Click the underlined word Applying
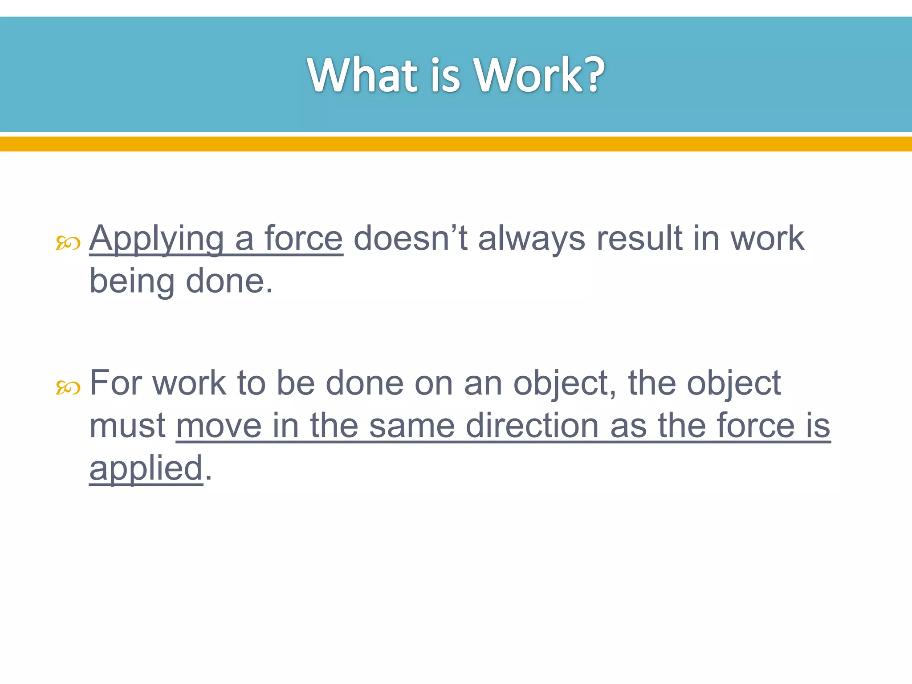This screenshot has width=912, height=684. [x=156, y=239]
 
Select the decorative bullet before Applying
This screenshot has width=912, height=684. [x=68, y=243]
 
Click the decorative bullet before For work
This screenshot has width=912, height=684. [x=68, y=388]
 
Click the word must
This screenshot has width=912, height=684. [x=127, y=426]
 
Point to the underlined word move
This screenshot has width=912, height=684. [x=219, y=426]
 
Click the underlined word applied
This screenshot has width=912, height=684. [x=146, y=468]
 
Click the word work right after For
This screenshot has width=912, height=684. [x=189, y=383]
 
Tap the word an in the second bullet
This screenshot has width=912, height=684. [x=483, y=383]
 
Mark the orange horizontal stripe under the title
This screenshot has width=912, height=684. [x=456, y=144]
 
